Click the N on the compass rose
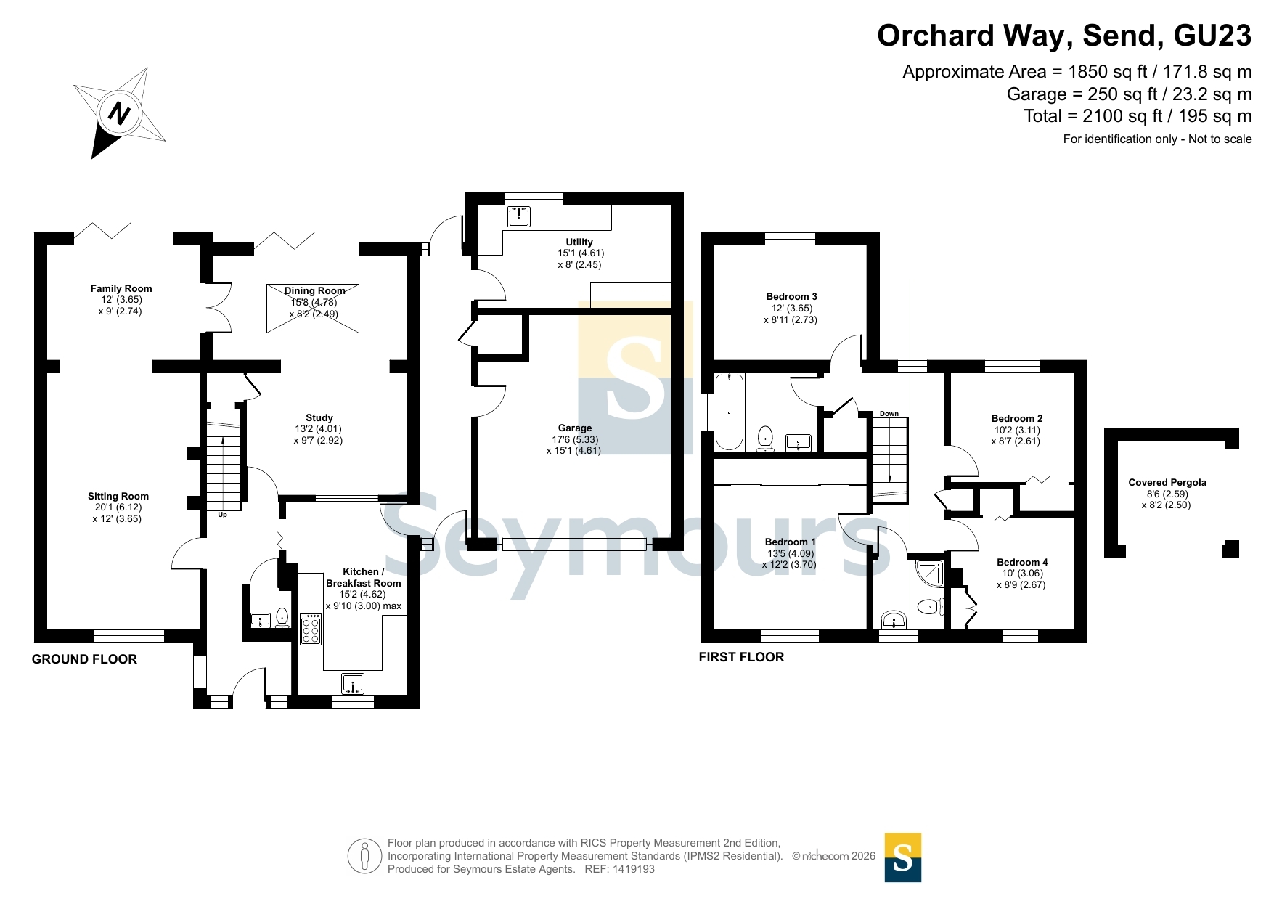coord(119,113)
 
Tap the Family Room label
coord(121,288)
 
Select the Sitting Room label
coord(118,496)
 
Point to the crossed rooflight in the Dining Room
coord(313,309)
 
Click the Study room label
coord(319,417)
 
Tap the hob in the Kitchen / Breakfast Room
coord(311,629)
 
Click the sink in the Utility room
coord(518,216)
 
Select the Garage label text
coord(575,428)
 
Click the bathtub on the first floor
coord(730,412)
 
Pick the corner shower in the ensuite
coord(930,573)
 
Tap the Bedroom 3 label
coord(791,296)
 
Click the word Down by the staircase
coord(889,414)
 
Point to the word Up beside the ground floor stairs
coord(223,515)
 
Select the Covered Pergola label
coord(1167,482)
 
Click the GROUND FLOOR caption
coord(84,659)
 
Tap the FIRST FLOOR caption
coord(741,657)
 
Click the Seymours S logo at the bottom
coord(903,857)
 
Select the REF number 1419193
coord(634,869)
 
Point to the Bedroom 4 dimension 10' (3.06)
coord(1023,573)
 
